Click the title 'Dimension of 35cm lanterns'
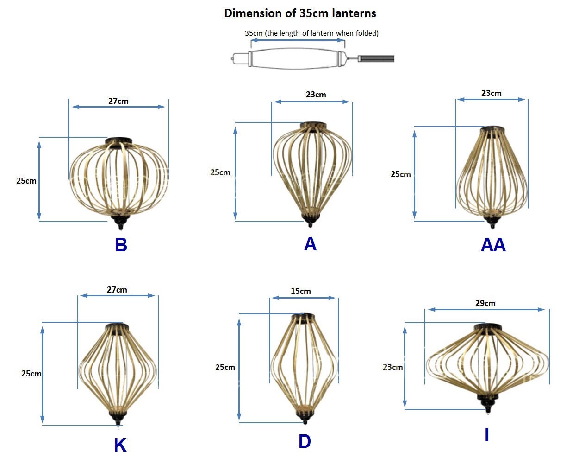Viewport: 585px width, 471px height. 300,13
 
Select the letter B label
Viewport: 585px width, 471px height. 121,245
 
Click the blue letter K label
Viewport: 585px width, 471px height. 120,445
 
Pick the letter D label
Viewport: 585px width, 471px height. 305,441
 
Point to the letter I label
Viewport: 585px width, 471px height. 486,435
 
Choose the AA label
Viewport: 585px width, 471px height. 493,245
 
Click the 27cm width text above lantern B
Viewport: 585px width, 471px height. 118,101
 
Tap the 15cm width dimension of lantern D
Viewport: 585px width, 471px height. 301,291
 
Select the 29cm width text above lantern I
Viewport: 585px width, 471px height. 485,303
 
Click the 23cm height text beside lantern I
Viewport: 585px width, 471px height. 392,367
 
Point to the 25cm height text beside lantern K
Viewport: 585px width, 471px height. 31,374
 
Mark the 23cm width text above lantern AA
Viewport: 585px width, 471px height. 491,93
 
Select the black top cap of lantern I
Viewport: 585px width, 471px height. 488,328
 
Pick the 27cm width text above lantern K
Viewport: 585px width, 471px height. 117,290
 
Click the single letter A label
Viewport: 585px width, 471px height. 310,244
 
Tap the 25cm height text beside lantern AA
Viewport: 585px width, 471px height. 400,174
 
